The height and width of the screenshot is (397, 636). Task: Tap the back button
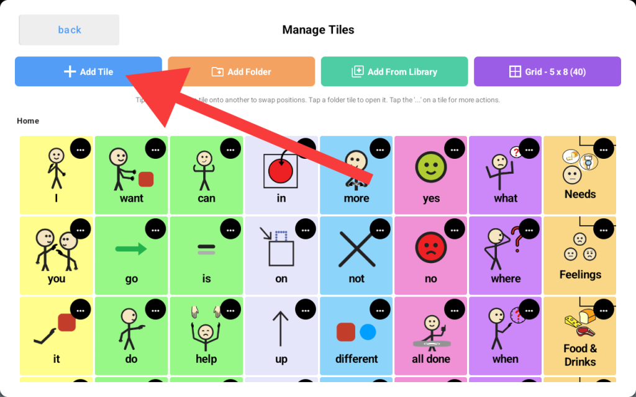[x=69, y=30]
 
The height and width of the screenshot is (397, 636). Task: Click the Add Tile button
[x=88, y=71]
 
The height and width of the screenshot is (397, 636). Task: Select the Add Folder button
[x=241, y=71]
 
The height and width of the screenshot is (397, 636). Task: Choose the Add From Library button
[x=394, y=71]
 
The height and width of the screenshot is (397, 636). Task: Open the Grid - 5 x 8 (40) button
[x=547, y=71]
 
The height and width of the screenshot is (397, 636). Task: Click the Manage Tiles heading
[x=318, y=30]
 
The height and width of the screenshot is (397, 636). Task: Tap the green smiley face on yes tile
[x=430, y=167]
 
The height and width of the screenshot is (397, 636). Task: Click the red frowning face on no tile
[x=430, y=248]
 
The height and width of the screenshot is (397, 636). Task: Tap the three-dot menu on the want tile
[x=155, y=149]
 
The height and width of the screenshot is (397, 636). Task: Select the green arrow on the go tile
[x=131, y=249]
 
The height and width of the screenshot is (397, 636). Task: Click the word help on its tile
[x=206, y=359]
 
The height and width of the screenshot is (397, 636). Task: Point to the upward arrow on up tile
[x=281, y=329]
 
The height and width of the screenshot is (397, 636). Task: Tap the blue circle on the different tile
[x=368, y=332]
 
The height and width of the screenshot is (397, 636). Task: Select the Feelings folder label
[x=580, y=275]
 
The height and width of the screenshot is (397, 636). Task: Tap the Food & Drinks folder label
[x=580, y=355]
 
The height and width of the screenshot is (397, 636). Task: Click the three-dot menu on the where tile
[x=529, y=229]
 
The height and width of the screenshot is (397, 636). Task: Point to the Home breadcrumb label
[x=28, y=121]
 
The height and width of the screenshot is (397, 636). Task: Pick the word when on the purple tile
[x=506, y=359]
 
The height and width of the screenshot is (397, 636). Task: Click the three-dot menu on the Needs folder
[x=604, y=149]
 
